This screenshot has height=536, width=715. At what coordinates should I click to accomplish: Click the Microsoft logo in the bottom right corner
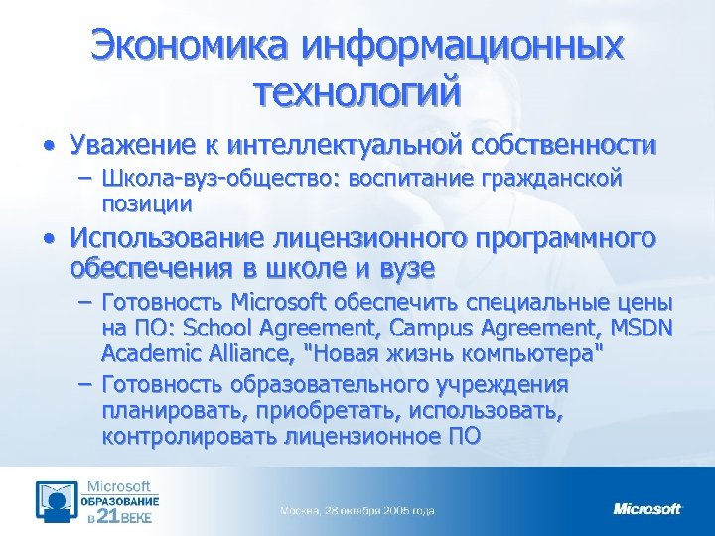[x=647, y=508]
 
